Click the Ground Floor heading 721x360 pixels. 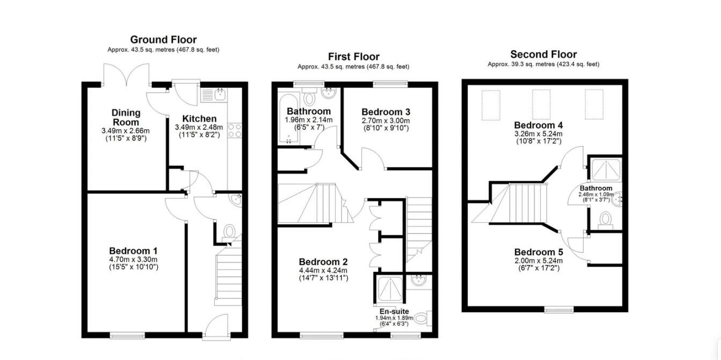coord(163,40)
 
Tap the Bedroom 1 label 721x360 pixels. coord(133,251)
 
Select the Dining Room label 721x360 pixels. coord(126,117)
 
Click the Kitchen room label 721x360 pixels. coord(199,119)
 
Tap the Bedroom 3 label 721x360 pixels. coord(385,112)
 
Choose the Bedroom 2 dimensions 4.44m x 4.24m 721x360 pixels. coord(323,270)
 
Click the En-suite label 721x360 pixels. coord(394,311)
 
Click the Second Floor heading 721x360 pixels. coord(543,54)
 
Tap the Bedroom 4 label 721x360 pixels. coord(538,125)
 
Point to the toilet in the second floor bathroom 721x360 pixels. coord(606,219)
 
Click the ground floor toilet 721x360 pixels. coord(229,232)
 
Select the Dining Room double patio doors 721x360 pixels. coord(126,75)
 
